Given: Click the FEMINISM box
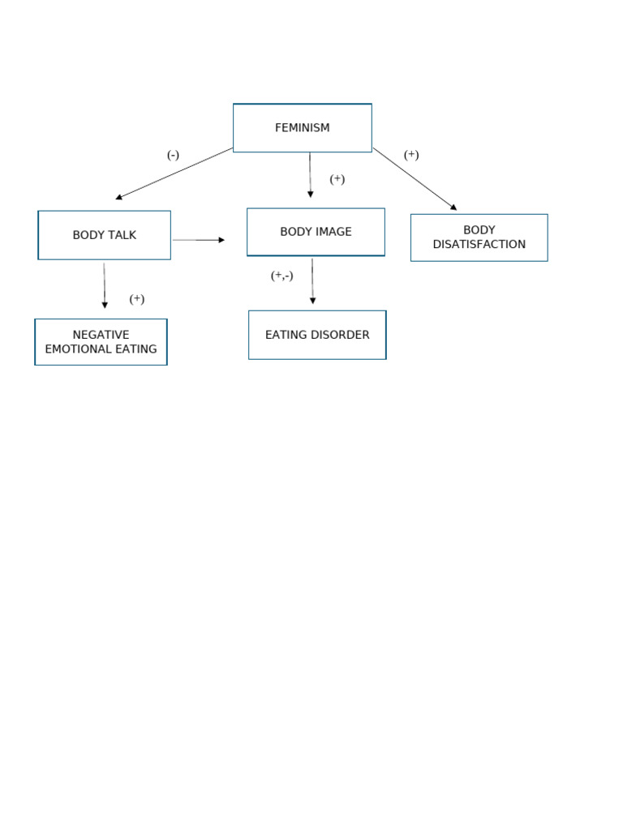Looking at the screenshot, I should click(302, 128).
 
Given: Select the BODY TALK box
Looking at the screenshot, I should click(105, 235).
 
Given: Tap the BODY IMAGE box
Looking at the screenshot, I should click(316, 232).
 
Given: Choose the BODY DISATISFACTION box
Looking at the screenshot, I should click(479, 237).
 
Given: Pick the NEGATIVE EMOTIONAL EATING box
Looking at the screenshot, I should click(101, 342).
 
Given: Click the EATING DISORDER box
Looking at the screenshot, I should click(317, 335).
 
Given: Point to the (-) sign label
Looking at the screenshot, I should click(173, 156).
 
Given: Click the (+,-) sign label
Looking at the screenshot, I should click(281, 276).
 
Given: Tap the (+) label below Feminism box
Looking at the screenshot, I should click(337, 179).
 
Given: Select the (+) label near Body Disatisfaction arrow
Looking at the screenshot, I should click(411, 155).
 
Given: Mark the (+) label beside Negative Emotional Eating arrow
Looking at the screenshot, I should click(137, 299).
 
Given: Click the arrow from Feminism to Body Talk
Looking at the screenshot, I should click(174, 173).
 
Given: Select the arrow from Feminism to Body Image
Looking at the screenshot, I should click(310, 175).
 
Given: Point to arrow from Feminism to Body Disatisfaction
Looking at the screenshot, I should click(415, 179).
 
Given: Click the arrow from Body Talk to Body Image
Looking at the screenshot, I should click(199, 240).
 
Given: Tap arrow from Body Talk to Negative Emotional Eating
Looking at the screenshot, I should click(105, 285).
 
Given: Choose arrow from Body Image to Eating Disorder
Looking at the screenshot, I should click(312, 281).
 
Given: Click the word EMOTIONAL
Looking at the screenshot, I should click(81, 349).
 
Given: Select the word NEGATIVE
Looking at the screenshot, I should click(101, 335).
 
